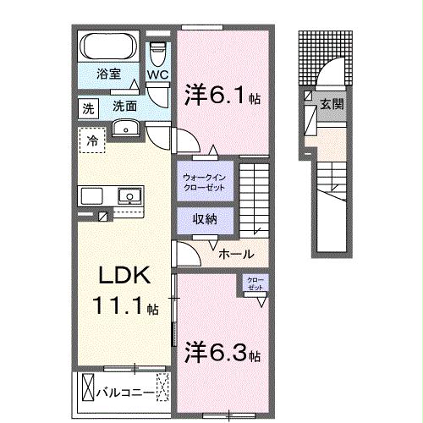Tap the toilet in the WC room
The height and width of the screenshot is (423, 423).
158,52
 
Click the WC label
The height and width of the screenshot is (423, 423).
158,74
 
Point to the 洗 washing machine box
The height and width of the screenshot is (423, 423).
88,107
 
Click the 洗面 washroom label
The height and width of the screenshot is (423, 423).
125,107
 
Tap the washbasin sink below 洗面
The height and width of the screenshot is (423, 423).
125,129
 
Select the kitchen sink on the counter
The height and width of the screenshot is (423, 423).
129,195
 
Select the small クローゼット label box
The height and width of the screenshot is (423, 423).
254,284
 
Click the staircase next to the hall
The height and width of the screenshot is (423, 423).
253,196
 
